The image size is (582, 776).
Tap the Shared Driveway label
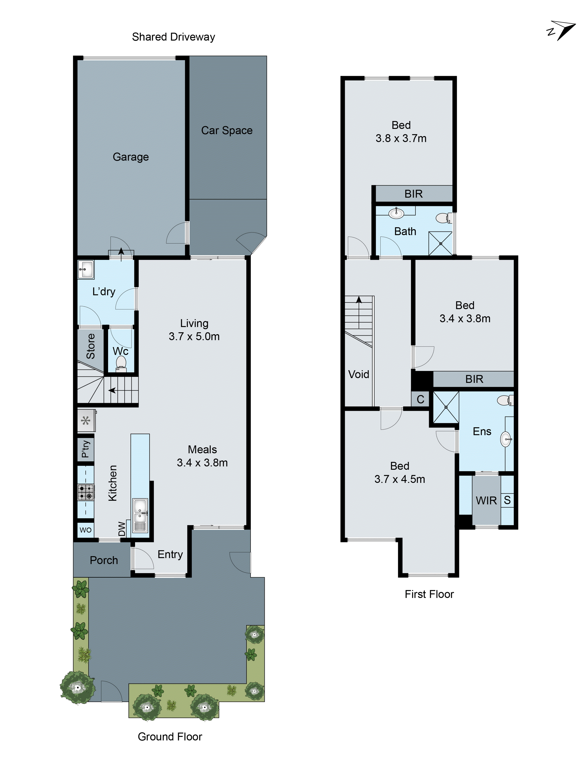(173, 37)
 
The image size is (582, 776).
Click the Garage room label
(131, 157)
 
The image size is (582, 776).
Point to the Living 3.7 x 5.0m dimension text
(194, 336)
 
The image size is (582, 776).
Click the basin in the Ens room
(506, 439)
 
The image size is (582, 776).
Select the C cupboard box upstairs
(420, 399)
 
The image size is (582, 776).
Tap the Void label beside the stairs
(359, 374)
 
